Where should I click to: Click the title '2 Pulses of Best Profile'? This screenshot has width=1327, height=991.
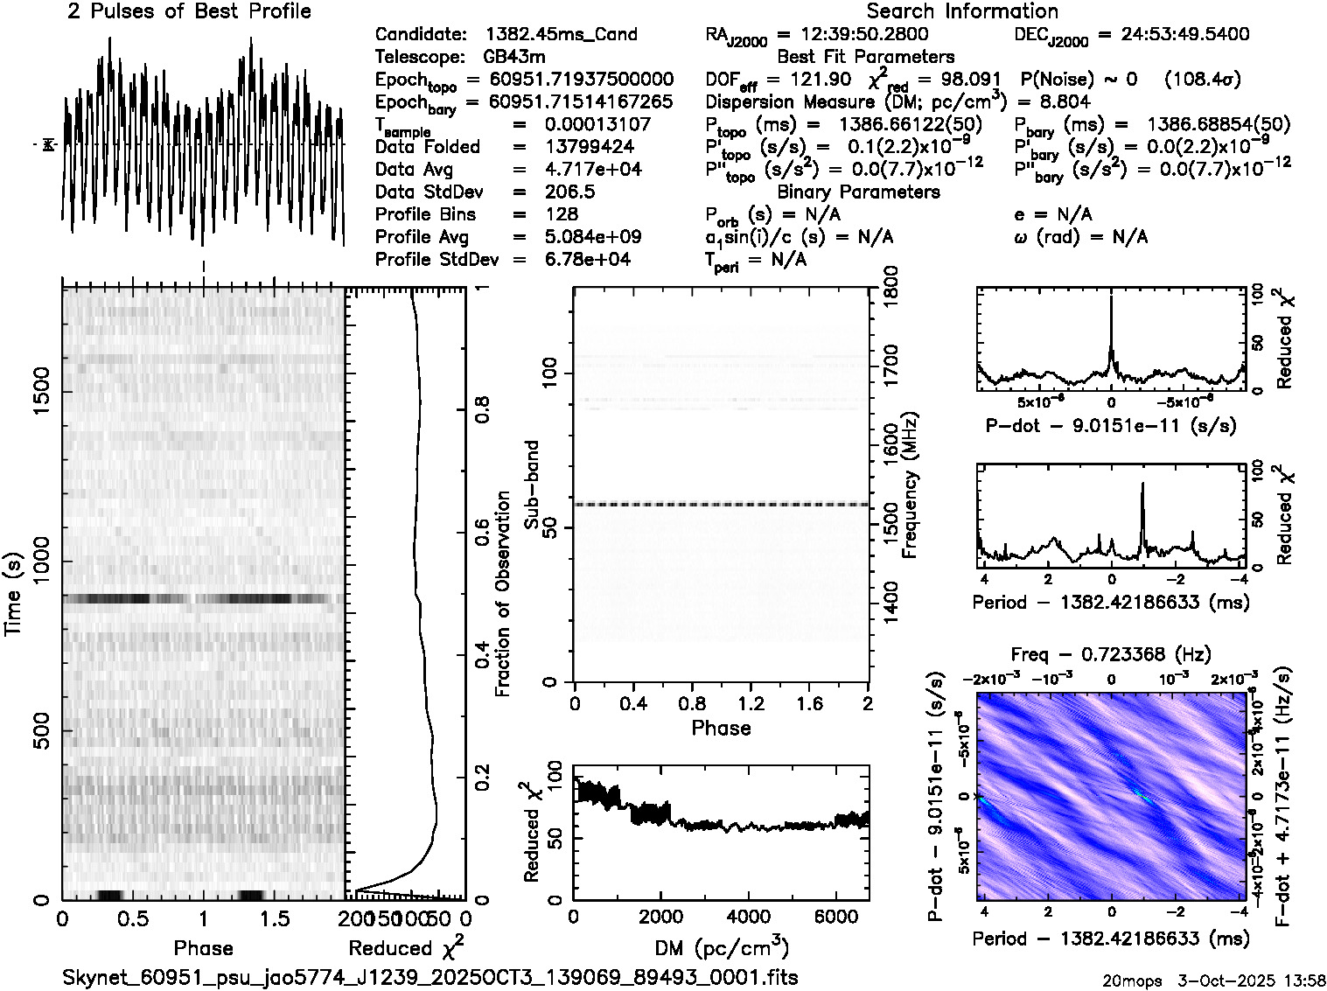[189, 11]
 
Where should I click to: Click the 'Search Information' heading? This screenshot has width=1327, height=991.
[962, 11]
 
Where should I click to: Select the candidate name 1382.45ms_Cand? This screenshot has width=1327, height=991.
[561, 35]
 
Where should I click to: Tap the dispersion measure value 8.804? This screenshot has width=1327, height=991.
[1065, 101]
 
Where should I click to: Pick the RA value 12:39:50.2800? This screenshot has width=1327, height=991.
[853, 35]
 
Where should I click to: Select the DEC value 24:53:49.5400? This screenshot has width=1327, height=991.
[1173, 35]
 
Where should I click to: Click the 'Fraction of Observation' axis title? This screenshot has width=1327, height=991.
[502, 594]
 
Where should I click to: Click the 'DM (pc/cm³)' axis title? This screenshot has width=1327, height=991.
[721, 947]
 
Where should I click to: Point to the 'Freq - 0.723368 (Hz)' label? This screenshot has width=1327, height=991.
[1111, 654]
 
